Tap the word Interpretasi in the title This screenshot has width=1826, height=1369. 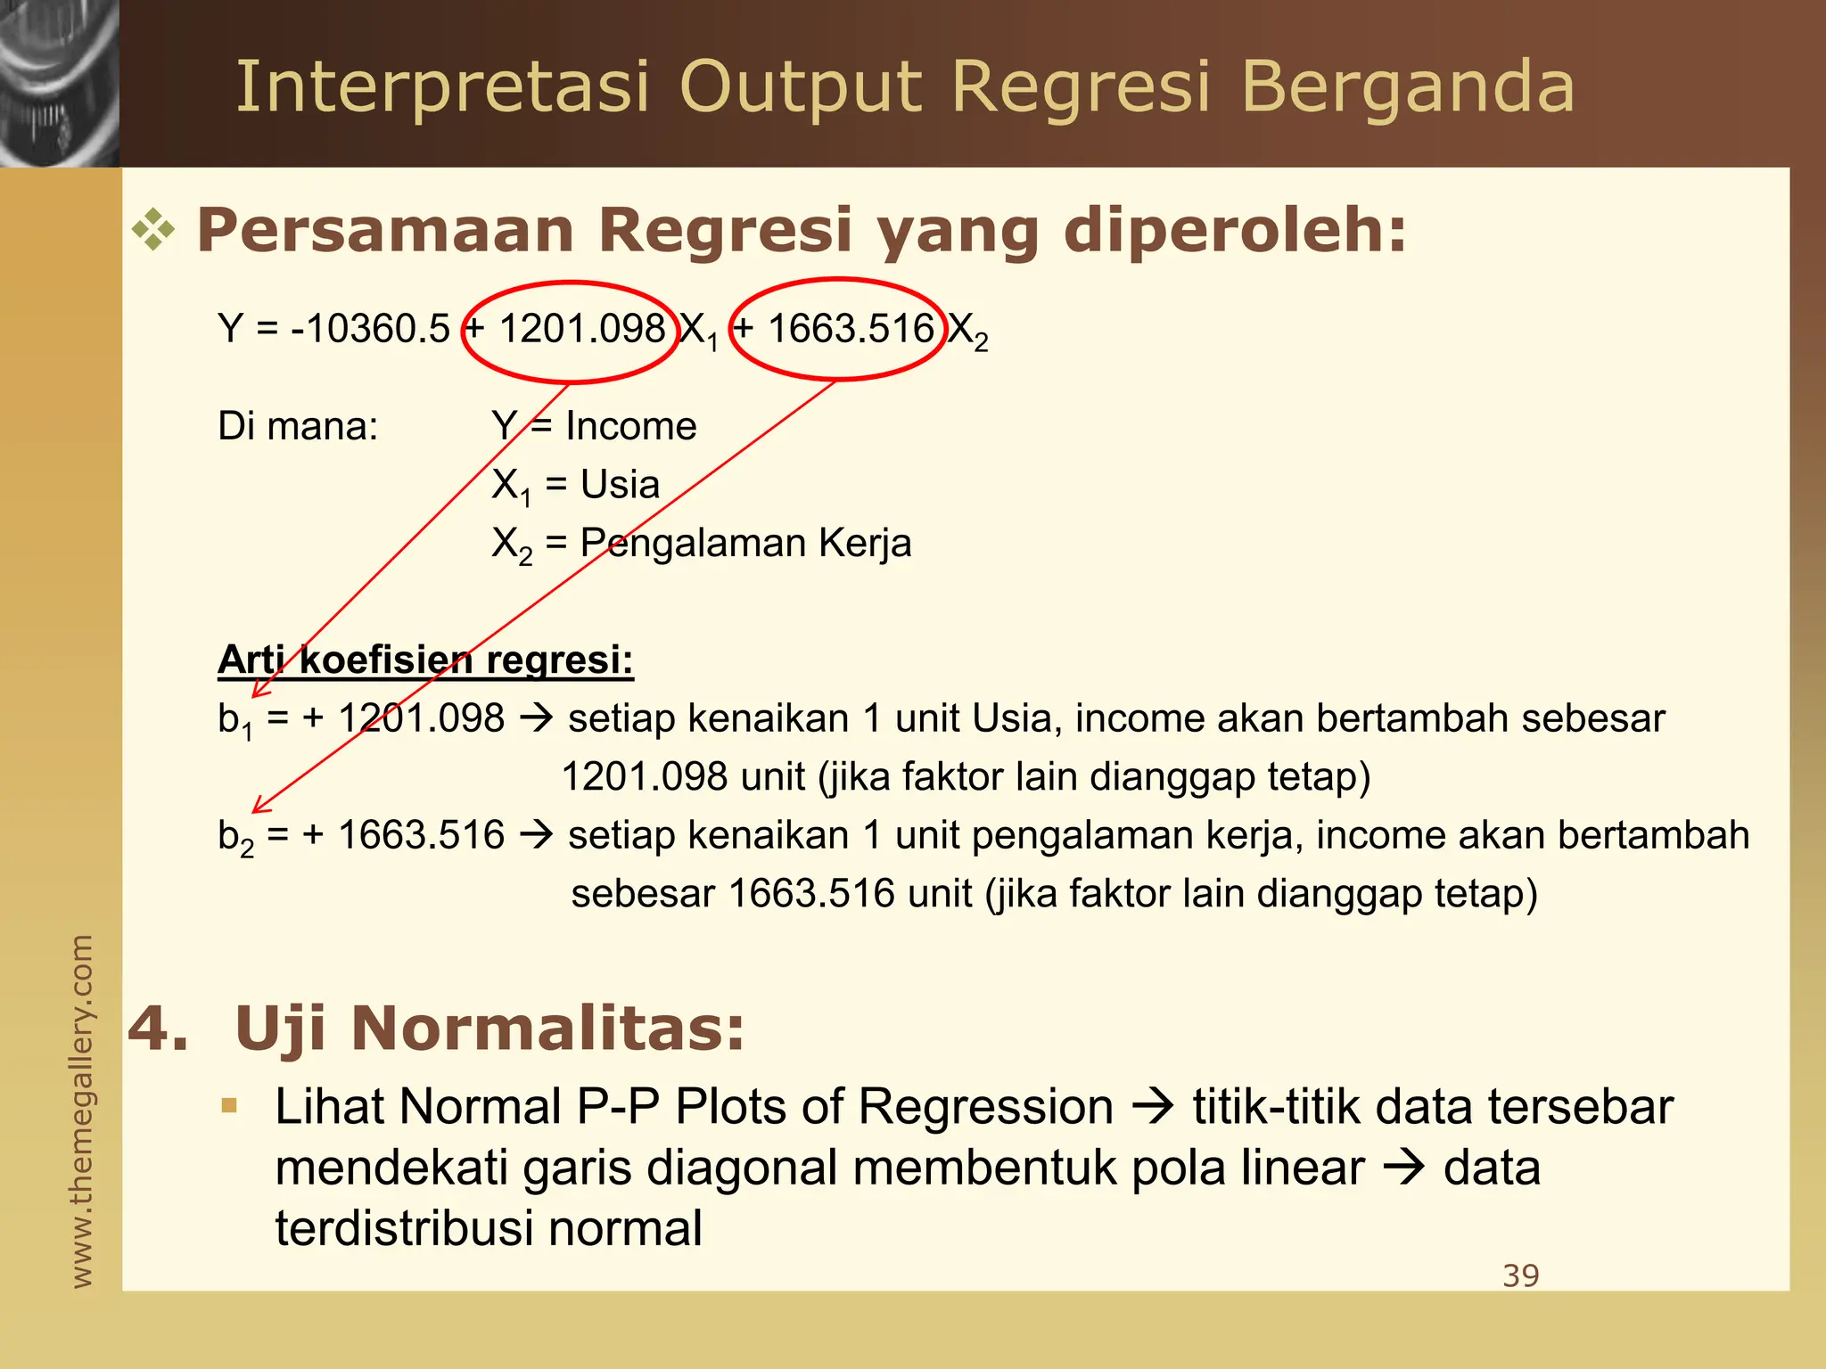pyautogui.click(x=442, y=87)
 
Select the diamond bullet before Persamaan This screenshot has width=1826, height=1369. pyautogui.click(x=153, y=230)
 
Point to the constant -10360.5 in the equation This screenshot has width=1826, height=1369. pyautogui.click(x=370, y=329)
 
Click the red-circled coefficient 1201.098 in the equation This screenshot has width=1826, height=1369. pyautogui.click(x=581, y=329)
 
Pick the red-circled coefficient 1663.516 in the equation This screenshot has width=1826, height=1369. pyautogui.click(x=851, y=329)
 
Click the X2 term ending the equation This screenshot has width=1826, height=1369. pyautogui.click(x=967, y=332)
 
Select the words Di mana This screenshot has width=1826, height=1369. pyautogui.click(x=298, y=426)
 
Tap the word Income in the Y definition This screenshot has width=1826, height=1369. pyautogui.click(x=630, y=426)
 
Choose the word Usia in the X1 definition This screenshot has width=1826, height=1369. pyautogui.click(x=620, y=485)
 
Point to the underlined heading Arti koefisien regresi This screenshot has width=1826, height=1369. pyautogui.click(x=425, y=660)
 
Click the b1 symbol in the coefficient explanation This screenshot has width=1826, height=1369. pyautogui.click(x=234, y=720)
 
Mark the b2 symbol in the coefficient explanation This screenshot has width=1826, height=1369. pyautogui.click(x=235, y=838)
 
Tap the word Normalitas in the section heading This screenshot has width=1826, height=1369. pyautogui.click(x=547, y=1029)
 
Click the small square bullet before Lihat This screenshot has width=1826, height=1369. pyautogui.click(x=229, y=1106)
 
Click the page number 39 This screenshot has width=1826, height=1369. pyautogui.click(x=1520, y=1275)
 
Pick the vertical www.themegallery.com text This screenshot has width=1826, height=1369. pyautogui.click(x=81, y=1111)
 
